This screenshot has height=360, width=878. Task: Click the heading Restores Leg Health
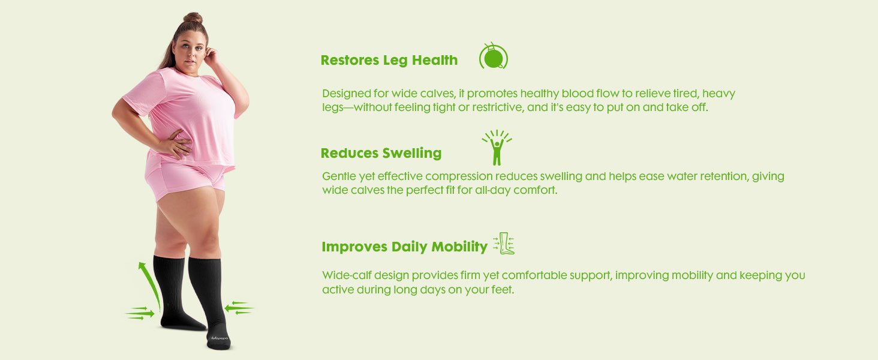[389, 61]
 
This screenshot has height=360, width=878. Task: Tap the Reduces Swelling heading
[381, 154]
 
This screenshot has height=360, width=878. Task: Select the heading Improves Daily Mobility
[404, 247]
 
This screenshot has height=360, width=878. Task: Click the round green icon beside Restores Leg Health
[494, 56]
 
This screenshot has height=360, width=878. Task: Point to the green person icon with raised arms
[497, 148]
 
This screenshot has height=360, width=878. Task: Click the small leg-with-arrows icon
[504, 244]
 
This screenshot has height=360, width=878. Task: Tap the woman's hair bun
[193, 17]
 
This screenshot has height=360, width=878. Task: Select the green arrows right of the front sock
[239, 308]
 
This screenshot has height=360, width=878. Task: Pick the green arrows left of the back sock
[140, 313]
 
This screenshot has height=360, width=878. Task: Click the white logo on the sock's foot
[220, 338]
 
